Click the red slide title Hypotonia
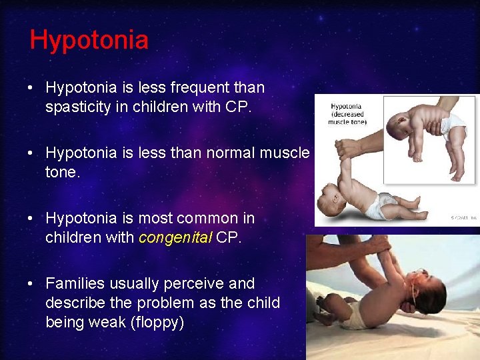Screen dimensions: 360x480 pos(89,40)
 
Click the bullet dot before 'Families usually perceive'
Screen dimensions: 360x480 pos(33,284)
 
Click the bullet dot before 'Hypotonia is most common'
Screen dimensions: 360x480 pos(33,219)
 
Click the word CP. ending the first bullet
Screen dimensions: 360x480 pos(238,107)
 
